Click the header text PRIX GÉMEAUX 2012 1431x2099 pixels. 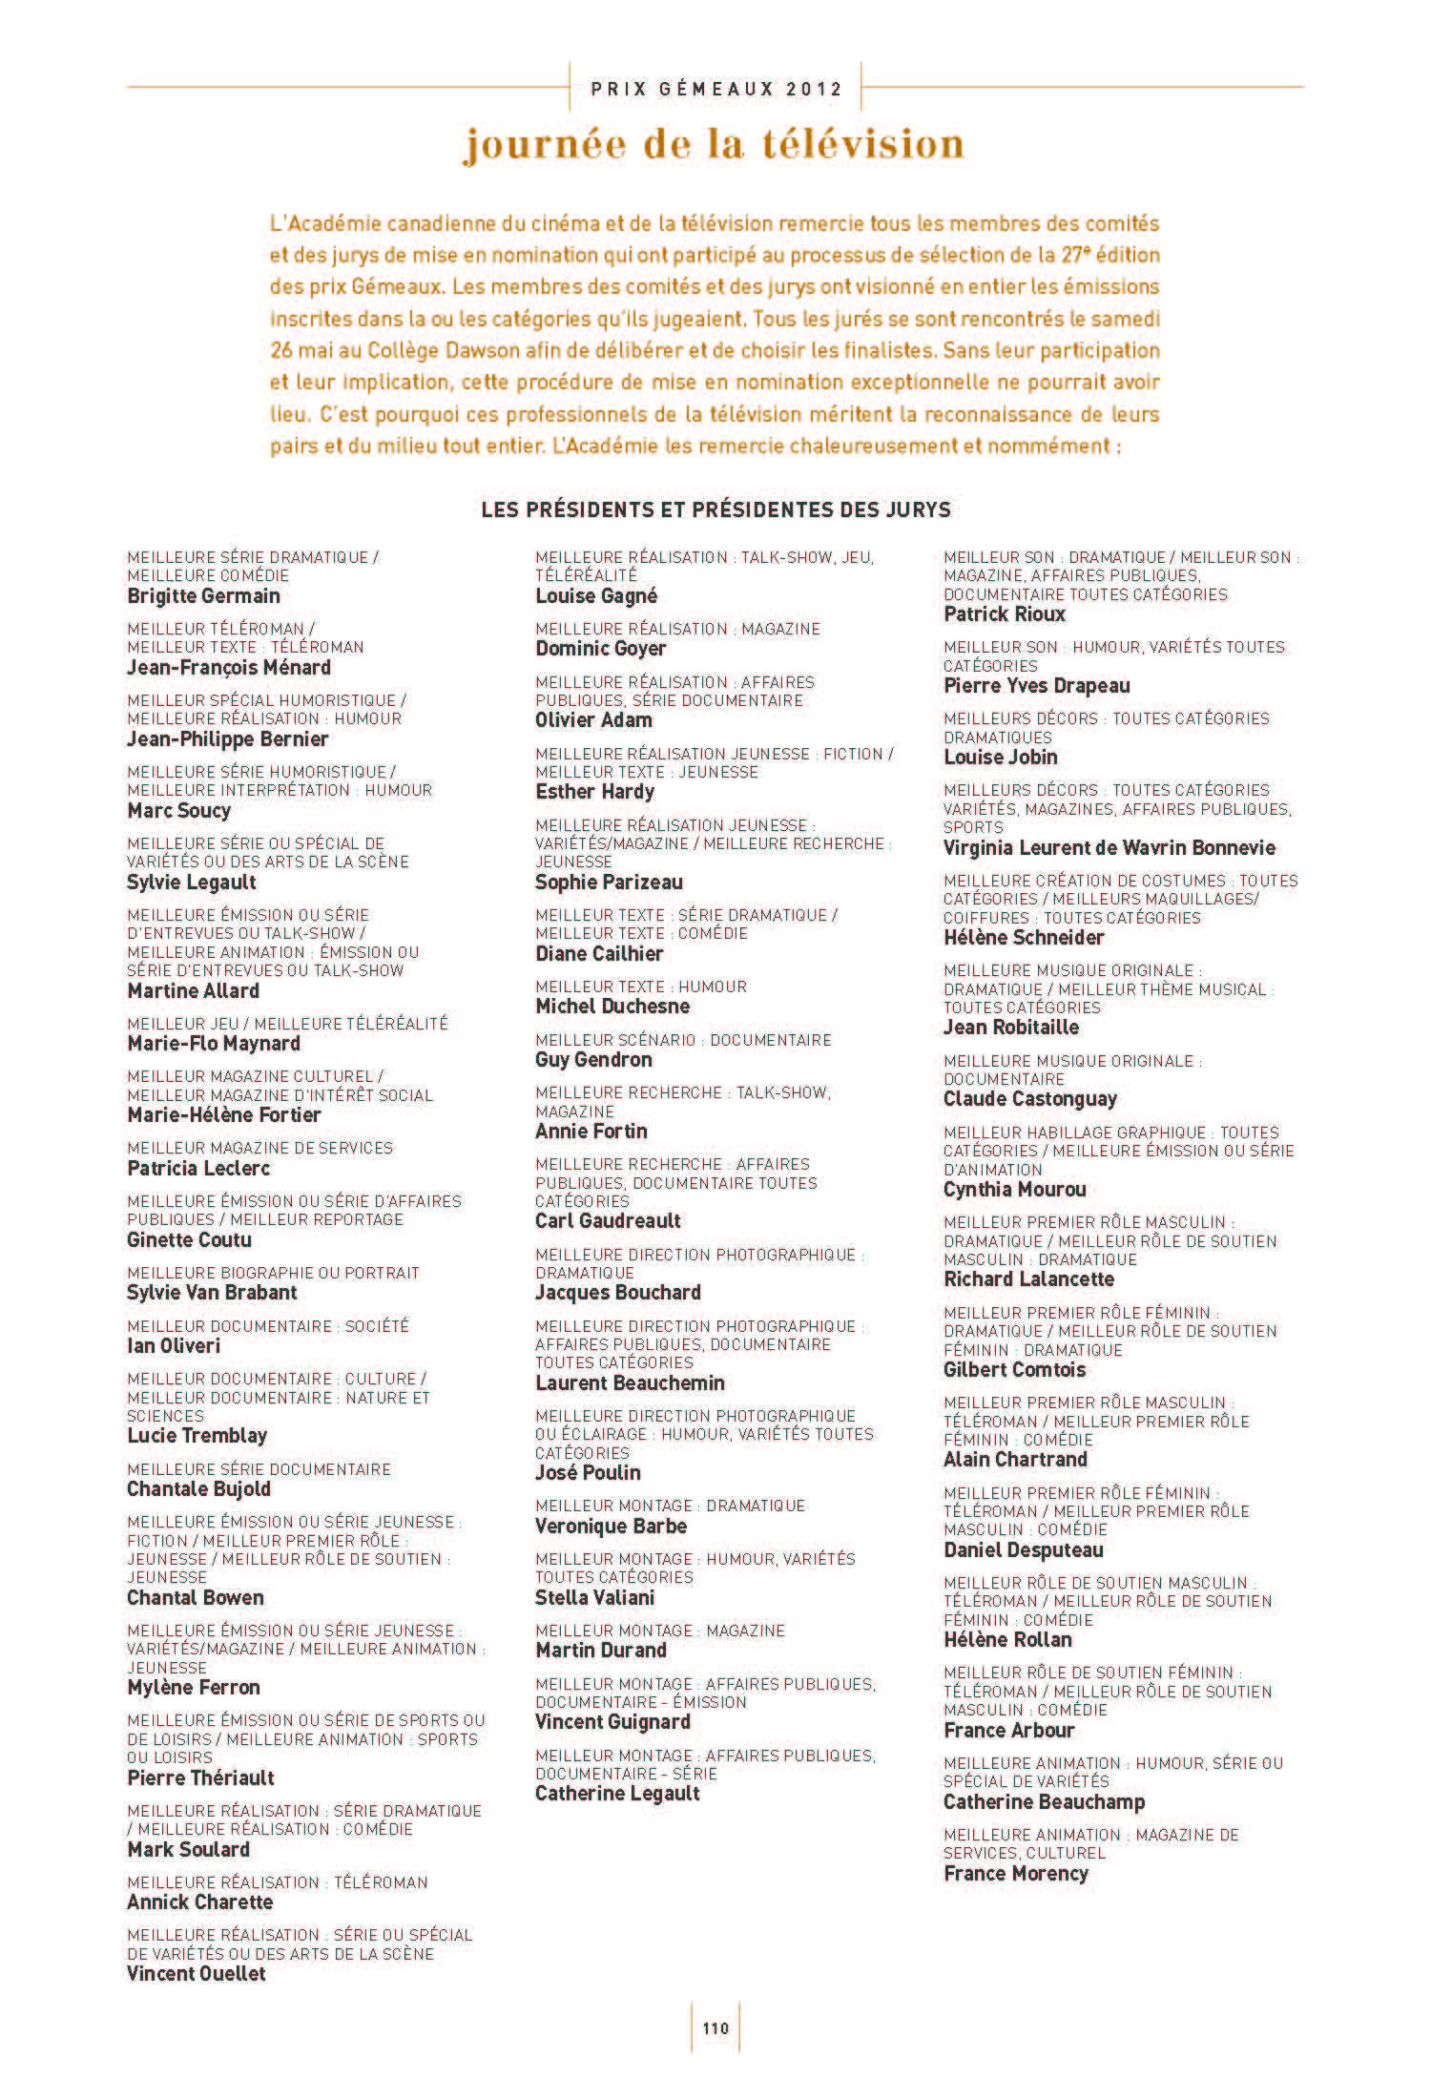(x=716, y=90)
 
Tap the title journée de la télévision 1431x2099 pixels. (x=715, y=144)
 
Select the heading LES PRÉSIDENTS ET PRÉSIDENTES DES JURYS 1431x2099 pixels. (x=715, y=509)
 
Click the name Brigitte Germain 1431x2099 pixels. (x=203, y=596)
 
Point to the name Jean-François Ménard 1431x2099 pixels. (x=229, y=668)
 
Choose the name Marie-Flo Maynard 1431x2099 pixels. (x=214, y=1044)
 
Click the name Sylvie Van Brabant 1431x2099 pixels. (x=212, y=1293)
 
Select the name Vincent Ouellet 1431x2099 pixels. (x=197, y=1974)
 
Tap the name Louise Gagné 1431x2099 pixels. (x=596, y=596)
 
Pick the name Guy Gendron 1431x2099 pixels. (x=593, y=1060)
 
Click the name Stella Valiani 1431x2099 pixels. (x=594, y=1598)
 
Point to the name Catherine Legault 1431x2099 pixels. (x=617, y=1794)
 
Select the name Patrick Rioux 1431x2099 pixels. (x=1004, y=614)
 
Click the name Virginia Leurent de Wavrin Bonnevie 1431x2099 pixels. (x=1109, y=848)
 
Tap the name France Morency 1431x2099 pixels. (x=1015, y=1874)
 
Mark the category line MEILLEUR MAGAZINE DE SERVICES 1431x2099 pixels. (x=259, y=1149)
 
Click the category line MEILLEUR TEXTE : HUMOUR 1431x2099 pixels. (x=640, y=987)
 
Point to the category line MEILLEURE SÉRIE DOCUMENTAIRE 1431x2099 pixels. (x=259, y=1470)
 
